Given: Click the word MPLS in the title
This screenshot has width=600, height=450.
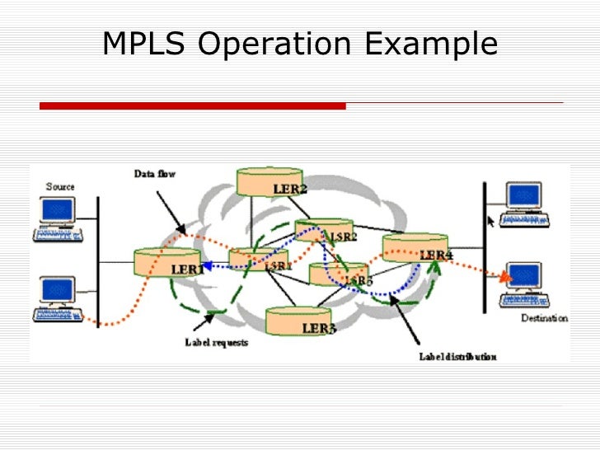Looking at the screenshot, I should click(x=144, y=45).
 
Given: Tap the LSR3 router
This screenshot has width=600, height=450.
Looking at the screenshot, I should click(x=338, y=274).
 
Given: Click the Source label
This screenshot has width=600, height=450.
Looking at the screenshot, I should click(x=60, y=187).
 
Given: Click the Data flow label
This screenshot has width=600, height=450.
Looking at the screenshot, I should click(x=155, y=174).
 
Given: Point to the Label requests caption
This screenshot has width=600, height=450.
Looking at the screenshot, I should click(x=217, y=342).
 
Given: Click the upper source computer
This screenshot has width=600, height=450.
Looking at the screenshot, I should click(x=59, y=218).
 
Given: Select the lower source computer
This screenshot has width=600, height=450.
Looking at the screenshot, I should click(x=58, y=298).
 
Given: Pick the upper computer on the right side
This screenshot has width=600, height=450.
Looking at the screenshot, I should click(x=523, y=204).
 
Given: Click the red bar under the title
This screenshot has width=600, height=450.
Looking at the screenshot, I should click(x=193, y=106).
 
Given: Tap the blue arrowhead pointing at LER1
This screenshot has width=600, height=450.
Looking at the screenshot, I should click(x=206, y=266).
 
